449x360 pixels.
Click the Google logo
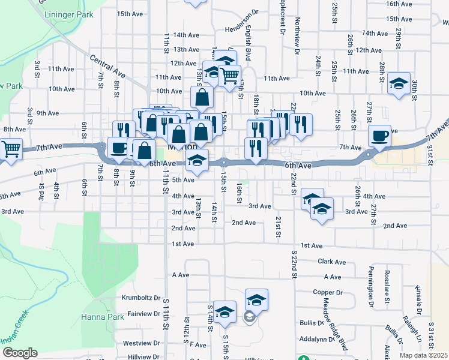[x=20, y=353]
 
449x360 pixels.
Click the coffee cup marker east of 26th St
[x=380, y=137]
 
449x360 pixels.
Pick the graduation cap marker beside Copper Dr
[x=256, y=299]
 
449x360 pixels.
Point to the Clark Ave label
[x=332, y=262]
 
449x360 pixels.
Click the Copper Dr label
[x=327, y=293]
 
